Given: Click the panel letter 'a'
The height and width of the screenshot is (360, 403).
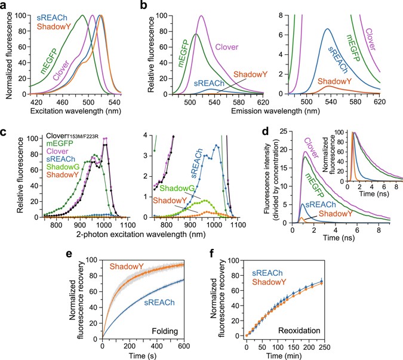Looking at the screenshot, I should pos(5,7).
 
